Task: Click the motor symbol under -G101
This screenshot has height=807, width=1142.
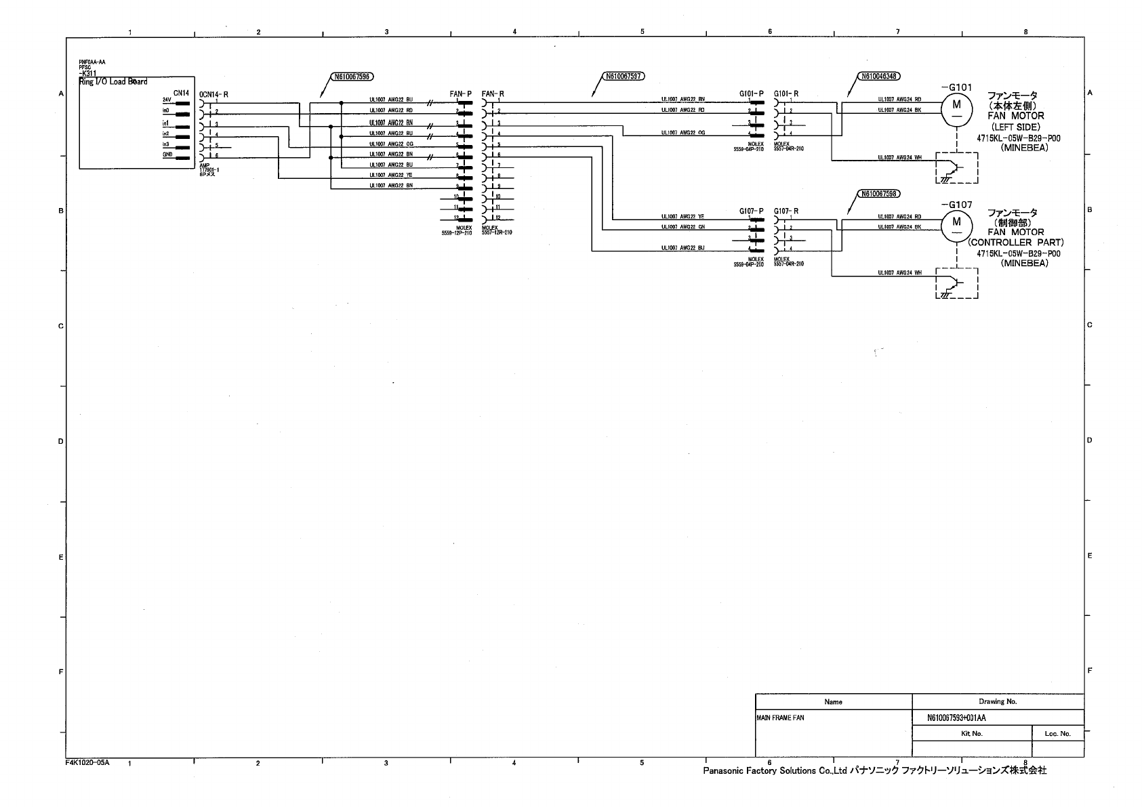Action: click(x=956, y=109)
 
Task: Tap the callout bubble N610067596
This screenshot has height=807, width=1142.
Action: click(x=353, y=77)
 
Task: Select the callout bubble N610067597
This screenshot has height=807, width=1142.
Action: click(x=623, y=77)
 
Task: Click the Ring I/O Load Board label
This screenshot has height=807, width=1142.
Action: click(x=113, y=82)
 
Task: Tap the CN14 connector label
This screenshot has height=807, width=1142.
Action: click(x=181, y=93)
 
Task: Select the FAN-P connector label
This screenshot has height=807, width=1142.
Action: click(x=460, y=94)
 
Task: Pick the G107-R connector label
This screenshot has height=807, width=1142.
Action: click(x=786, y=211)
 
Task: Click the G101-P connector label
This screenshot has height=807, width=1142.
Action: click(x=751, y=94)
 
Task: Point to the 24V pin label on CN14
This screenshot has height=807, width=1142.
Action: click(x=166, y=100)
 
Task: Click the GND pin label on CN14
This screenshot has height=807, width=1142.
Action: click(x=167, y=154)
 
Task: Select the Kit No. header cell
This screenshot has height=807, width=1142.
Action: click(x=971, y=733)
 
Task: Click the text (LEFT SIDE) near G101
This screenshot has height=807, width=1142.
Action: click(x=1015, y=127)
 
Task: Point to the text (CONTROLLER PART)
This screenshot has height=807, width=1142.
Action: click(x=1015, y=243)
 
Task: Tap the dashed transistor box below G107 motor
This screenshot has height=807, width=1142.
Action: click(x=956, y=283)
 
